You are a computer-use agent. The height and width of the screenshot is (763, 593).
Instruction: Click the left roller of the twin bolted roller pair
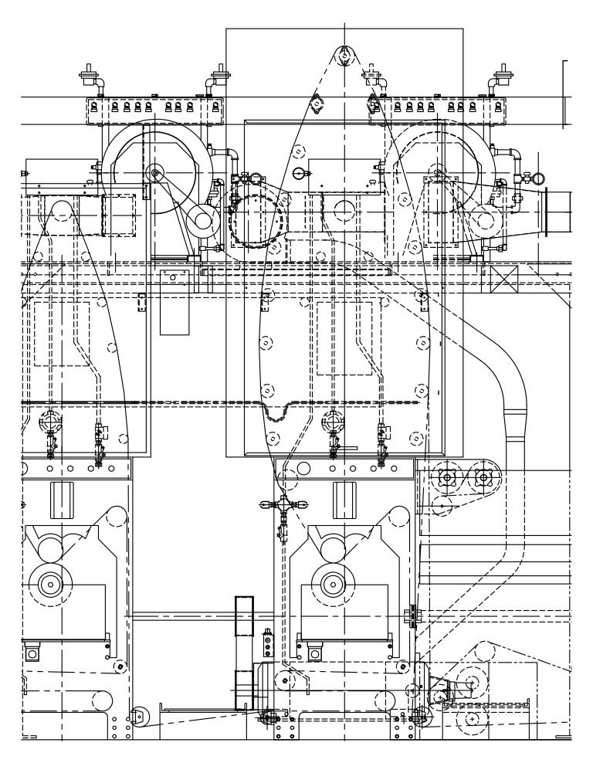point(446,477)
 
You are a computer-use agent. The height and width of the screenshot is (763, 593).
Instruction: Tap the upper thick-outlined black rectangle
point(244,615)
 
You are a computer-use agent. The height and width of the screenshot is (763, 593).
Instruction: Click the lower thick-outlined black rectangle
point(244,689)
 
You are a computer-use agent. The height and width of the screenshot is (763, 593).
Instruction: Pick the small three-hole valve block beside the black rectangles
point(268,640)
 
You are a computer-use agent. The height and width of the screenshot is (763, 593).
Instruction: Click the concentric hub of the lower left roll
point(51,585)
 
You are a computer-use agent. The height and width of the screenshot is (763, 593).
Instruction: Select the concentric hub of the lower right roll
point(333,585)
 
